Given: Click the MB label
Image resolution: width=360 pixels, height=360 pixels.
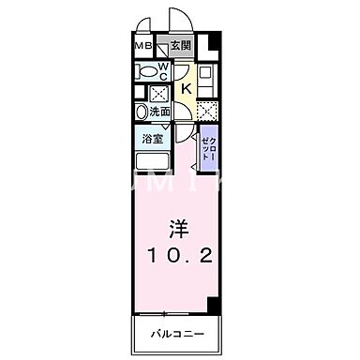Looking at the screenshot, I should click(x=142, y=44).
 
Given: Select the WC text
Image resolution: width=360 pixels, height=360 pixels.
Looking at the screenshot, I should click(x=162, y=70).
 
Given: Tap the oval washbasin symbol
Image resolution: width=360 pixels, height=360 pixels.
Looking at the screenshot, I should click(x=142, y=112).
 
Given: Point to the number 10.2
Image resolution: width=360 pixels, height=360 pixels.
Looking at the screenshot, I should click(x=179, y=254).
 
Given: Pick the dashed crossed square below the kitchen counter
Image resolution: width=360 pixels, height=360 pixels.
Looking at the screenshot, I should click(x=207, y=110).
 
